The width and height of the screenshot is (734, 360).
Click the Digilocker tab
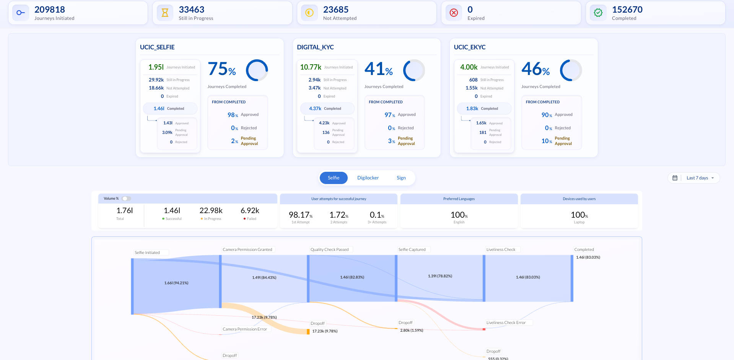coord(368,178)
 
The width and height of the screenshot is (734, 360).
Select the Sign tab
coord(401,178)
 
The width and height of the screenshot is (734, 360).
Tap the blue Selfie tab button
coord(334,178)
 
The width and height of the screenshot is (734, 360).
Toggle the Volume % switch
coord(126,199)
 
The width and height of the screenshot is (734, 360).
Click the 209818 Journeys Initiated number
coord(50,10)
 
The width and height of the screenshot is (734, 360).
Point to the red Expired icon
coord(454,13)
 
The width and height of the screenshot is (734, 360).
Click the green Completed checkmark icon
coord(598,13)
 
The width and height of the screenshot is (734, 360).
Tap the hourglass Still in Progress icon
coord(165,13)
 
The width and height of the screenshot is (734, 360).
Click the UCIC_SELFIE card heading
coord(157,47)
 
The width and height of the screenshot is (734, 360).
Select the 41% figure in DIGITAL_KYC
coord(378,69)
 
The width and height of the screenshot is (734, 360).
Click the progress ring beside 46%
coord(571,70)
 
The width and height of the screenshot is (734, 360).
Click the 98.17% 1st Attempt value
coord(300,215)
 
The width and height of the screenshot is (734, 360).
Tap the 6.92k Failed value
coord(250,211)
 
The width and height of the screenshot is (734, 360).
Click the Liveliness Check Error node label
coord(506,323)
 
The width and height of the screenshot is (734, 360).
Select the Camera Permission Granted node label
coord(247,249)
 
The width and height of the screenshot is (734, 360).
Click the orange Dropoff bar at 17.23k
coord(308,331)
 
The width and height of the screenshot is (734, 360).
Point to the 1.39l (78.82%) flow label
coord(440,276)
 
